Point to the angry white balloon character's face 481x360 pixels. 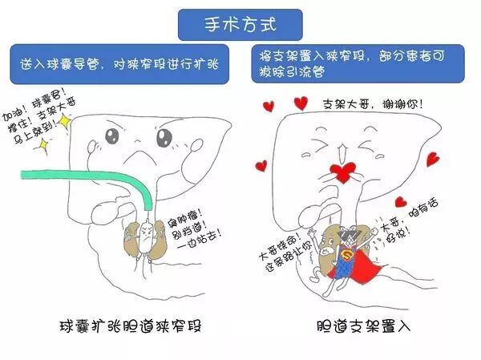pos(147,232)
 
